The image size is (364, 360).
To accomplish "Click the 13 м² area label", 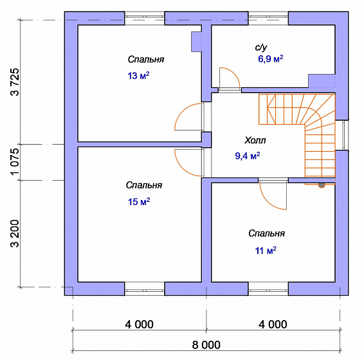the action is pos(138,76).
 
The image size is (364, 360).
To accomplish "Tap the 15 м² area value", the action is pos(139,201).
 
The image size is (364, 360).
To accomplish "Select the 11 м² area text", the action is pos(266,251).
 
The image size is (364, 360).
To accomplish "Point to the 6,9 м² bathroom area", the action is pos(271,59).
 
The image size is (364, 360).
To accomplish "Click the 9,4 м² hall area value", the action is pos(248,156).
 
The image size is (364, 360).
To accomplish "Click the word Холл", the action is pos(255,140).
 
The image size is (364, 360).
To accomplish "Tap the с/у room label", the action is pos(261,48).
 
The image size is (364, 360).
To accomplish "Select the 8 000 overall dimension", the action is pos(206,345).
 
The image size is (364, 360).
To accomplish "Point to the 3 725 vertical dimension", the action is pos(15,82).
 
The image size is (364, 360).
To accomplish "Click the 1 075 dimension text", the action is pos(15,162).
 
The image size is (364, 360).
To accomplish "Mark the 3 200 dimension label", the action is pos(15,233).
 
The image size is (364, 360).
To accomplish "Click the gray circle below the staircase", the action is pos(322,184).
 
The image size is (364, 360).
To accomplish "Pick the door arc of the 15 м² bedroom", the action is pos(182,168).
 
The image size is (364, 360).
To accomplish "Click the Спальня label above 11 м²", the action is pos(266,233).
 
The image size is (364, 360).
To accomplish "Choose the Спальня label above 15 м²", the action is pos(144,185).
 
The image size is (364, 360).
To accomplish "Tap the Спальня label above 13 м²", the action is pos(146,59).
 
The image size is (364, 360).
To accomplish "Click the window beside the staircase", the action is pos(345,135).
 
